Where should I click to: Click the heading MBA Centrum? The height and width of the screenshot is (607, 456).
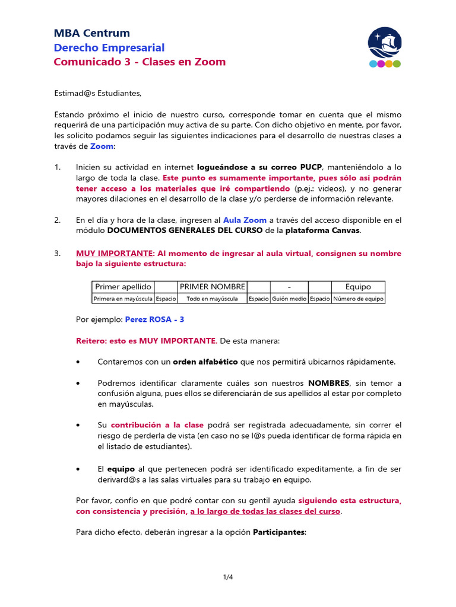(x=91, y=33)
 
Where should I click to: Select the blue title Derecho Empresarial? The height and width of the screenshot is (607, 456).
(x=109, y=47)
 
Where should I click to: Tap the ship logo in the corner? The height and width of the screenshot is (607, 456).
(x=385, y=43)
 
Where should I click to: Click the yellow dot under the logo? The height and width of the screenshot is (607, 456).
(x=381, y=63)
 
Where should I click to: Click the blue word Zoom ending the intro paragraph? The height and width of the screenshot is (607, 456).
(x=102, y=146)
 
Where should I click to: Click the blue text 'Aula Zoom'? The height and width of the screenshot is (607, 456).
(x=245, y=220)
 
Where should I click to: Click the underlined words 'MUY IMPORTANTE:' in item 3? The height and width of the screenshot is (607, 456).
(x=115, y=253)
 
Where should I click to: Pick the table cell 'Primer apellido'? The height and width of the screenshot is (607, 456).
(x=123, y=287)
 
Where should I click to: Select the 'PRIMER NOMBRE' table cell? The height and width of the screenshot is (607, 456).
(x=212, y=287)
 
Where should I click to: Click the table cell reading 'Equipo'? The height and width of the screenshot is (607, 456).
(x=358, y=287)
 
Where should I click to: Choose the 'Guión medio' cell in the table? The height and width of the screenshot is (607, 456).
(x=289, y=299)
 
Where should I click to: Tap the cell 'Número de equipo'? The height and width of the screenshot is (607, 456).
(x=358, y=299)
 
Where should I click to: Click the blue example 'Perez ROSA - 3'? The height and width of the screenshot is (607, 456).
(x=154, y=320)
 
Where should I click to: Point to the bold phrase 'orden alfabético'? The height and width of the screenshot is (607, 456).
(x=205, y=362)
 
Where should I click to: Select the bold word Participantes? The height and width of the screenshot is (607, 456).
(x=279, y=532)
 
